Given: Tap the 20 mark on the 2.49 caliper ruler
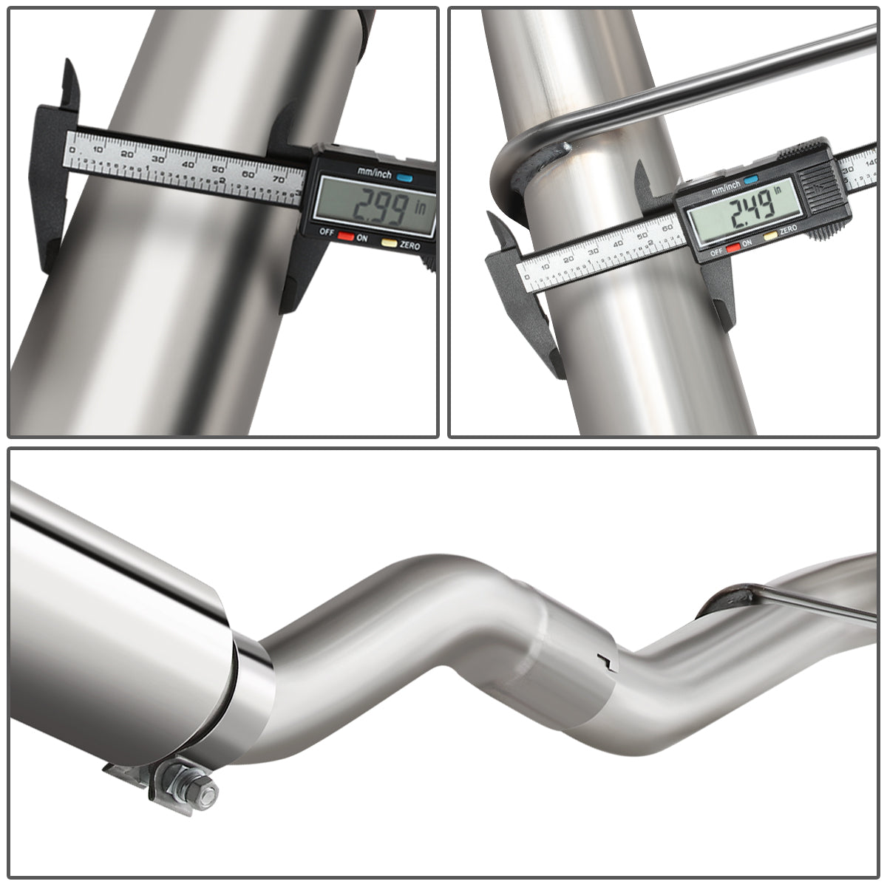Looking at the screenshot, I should click(x=568, y=259).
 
